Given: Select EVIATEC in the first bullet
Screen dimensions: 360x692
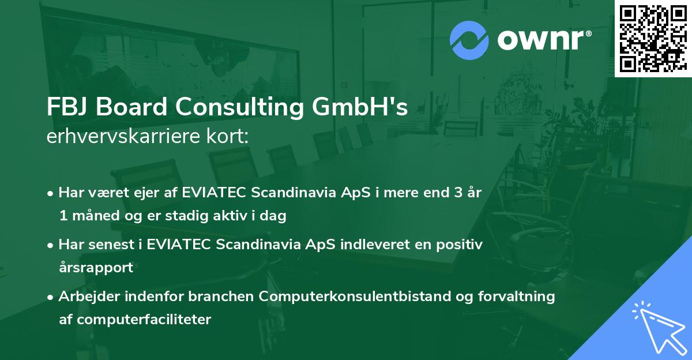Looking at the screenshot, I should (x=214, y=193).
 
